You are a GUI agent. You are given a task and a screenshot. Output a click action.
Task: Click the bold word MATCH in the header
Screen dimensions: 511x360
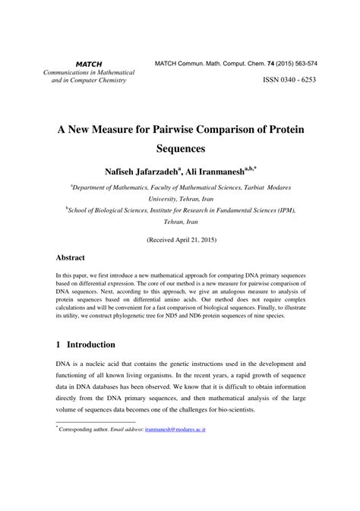[x=88, y=63]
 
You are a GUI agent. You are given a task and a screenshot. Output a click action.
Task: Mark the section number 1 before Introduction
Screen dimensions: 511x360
[x=58, y=344]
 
